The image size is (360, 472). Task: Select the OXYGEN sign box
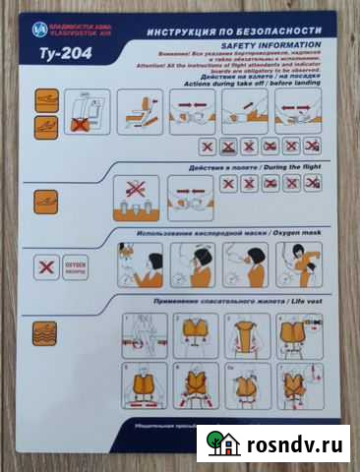pyautogui.click(x=78, y=265)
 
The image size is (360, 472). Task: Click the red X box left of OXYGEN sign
pyautogui.click(x=43, y=266)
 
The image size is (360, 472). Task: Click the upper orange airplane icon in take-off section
pyautogui.click(x=45, y=99)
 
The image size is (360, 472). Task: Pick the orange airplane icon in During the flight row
pyautogui.click(x=45, y=198)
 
